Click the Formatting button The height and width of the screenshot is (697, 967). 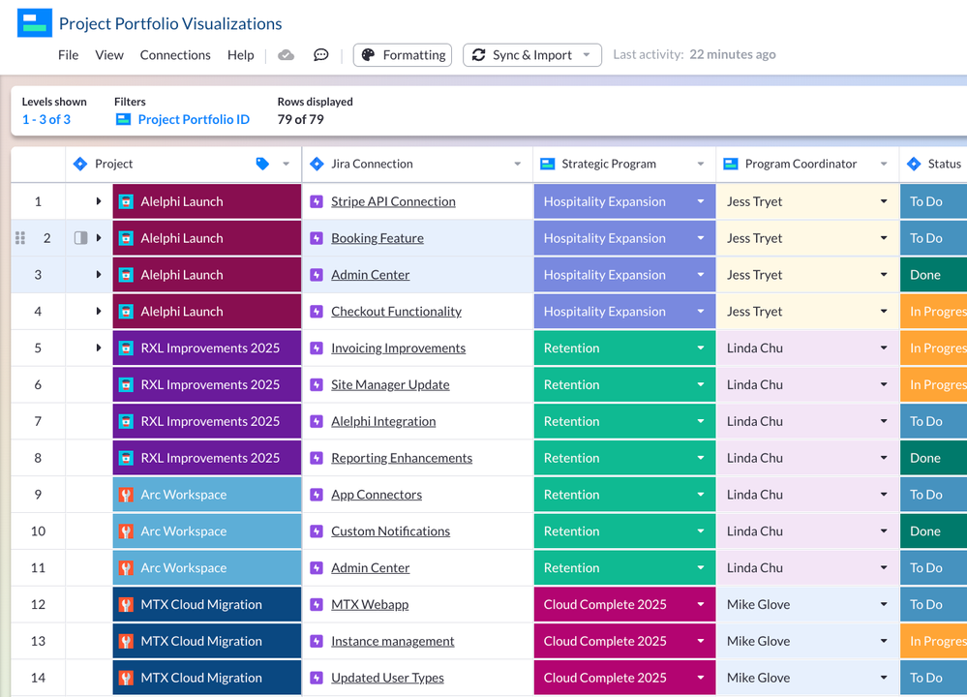[x=403, y=55]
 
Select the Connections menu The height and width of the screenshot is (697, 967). [x=175, y=55]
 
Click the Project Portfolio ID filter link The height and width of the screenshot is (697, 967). [x=194, y=119]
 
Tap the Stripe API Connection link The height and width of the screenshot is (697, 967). [x=393, y=201]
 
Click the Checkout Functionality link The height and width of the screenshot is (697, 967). [x=396, y=312]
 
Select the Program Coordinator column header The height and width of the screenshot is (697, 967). [x=800, y=164]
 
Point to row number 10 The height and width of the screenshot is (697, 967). [x=38, y=531]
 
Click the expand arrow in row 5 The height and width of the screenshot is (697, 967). [x=99, y=348]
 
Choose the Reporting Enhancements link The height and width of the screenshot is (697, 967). [x=402, y=458]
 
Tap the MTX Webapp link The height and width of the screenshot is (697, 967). [x=370, y=605]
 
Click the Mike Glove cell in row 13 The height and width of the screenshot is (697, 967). [x=759, y=641]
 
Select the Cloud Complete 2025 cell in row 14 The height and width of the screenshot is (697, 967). [x=605, y=678]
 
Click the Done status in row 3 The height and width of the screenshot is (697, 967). [x=925, y=275]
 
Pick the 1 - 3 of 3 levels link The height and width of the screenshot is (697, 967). [x=46, y=119]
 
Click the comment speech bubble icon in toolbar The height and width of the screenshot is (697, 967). [x=321, y=55]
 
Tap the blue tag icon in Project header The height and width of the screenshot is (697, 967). [x=262, y=164]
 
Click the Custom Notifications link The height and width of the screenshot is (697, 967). [x=390, y=531]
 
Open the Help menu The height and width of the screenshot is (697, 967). [x=240, y=55]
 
